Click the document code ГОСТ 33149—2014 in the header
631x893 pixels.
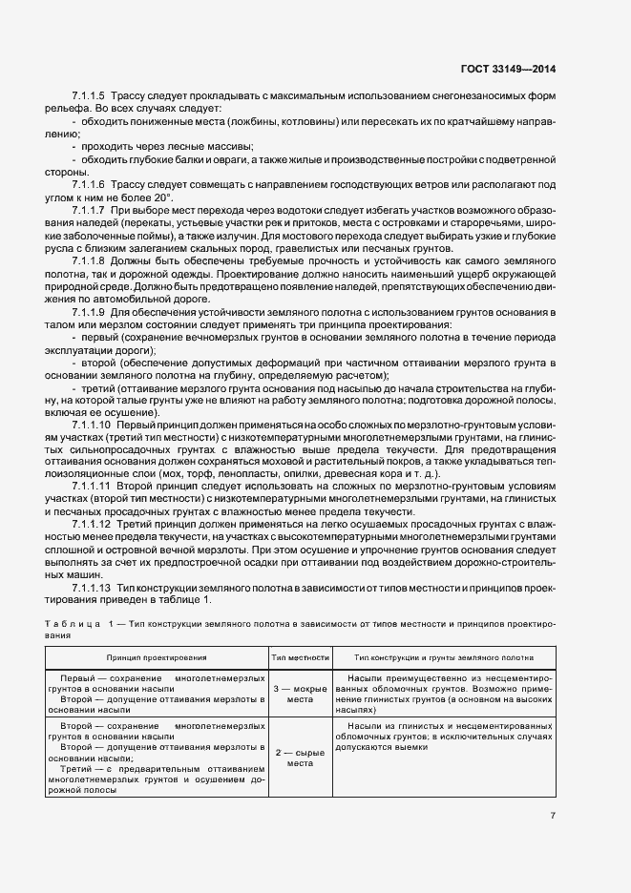[512, 70]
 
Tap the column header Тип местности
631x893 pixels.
[301, 657]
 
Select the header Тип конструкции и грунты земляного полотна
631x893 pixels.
[443, 657]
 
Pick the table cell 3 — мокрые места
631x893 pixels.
[301, 693]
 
